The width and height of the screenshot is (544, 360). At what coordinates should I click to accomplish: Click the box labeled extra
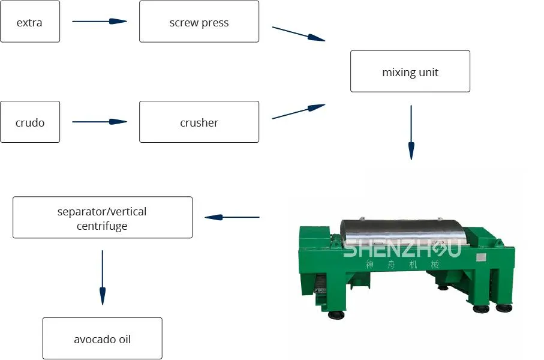[x=30, y=22]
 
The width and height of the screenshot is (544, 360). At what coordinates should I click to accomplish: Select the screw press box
[x=199, y=22]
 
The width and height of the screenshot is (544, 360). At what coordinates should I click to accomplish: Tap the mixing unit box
[x=410, y=71]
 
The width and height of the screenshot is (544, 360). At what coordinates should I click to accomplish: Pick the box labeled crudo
[x=30, y=122]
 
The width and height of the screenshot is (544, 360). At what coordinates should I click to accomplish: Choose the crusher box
[x=199, y=122]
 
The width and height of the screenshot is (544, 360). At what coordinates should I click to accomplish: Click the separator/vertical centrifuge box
[x=103, y=217]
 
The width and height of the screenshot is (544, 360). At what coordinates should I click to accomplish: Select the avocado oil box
[x=103, y=338]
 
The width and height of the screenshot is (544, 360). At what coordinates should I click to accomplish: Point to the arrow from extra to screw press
[x=100, y=22]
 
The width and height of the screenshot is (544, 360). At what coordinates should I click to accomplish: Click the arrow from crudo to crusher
[x=100, y=122]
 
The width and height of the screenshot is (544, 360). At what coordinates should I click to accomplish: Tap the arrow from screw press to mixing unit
[x=299, y=34]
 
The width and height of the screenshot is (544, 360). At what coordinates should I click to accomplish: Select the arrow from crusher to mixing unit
[x=299, y=112]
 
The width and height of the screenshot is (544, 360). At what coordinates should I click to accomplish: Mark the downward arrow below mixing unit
[x=411, y=132]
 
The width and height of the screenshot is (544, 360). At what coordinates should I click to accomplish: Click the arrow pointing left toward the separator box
[x=232, y=217]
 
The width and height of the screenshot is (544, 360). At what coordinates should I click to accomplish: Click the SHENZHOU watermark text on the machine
[x=401, y=247]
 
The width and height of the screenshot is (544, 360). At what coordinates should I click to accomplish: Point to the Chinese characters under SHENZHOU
[x=402, y=265]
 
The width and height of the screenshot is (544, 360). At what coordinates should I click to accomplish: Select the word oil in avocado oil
[x=122, y=339]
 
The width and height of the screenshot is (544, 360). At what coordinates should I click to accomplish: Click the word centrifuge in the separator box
[x=102, y=226]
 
